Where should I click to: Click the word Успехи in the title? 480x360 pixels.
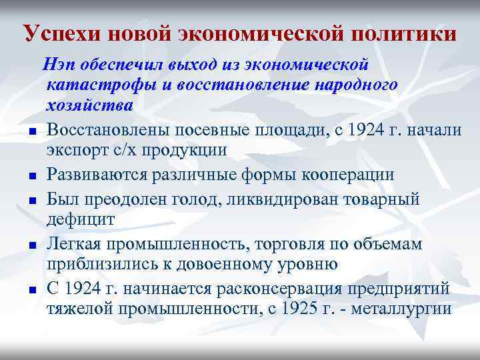57,33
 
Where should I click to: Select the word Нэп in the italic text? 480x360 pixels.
57,66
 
